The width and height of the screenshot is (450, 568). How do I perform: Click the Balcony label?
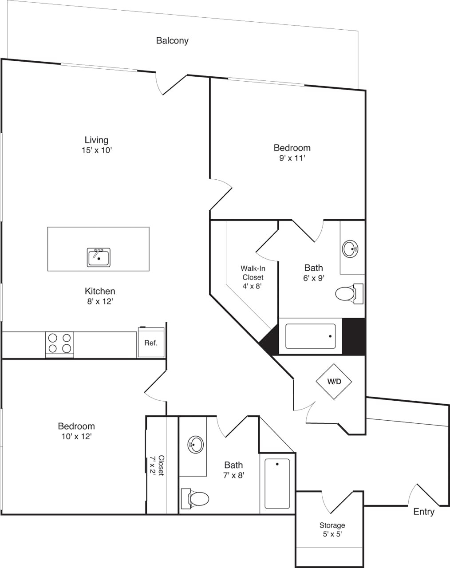(172, 41)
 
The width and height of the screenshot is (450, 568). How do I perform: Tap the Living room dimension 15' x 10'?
(96, 150)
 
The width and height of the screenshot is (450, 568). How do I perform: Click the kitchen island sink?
(99, 257)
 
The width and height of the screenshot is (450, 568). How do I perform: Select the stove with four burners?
(59, 343)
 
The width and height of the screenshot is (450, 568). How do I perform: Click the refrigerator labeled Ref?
(151, 343)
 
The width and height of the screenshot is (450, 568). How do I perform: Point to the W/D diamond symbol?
(334, 382)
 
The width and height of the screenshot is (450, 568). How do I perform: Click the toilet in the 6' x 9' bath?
(348, 294)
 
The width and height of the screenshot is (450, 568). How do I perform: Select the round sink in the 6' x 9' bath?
(350, 248)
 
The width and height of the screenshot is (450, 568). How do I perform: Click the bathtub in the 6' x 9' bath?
(310, 336)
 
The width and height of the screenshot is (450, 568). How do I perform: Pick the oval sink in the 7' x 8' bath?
(196, 444)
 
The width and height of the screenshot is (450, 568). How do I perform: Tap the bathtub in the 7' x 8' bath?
(277, 483)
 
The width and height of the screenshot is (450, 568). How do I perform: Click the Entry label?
(423, 512)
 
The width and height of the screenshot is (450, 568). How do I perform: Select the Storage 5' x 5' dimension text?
(332, 534)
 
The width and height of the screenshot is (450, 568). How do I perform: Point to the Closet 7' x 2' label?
(157, 465)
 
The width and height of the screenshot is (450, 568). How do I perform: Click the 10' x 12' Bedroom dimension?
(76, 437)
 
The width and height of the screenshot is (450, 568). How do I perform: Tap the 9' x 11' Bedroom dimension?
(292, 158)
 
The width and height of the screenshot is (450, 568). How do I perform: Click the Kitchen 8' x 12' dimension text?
(100, 302)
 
